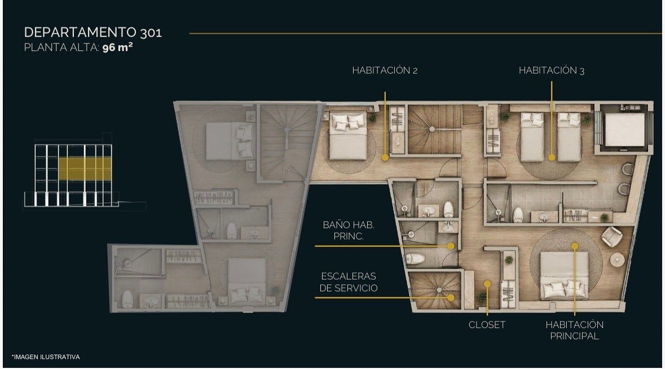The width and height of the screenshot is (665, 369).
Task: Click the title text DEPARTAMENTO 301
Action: click(93, 32)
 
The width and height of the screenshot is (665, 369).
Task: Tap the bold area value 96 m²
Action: click(117, 47)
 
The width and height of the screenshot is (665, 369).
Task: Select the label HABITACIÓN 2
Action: click(385, 71)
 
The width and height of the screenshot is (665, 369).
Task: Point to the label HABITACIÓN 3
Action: click(551, 71)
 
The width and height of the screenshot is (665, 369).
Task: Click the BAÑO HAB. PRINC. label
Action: click(349, 230)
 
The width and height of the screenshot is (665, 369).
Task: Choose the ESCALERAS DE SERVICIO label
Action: click(349, 282)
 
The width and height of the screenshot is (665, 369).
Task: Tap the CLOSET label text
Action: click(487, 325)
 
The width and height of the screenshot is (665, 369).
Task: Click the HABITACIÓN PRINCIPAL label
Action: click(575, 331)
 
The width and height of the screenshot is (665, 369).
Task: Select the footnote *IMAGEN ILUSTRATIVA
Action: click(46, 357)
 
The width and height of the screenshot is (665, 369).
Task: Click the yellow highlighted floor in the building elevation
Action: click(85, 168)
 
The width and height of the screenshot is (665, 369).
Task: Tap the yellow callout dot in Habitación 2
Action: click(385, 157)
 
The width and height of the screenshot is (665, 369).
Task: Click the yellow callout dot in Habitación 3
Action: click(551, 157)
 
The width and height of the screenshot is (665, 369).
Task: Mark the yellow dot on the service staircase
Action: click(451, 298)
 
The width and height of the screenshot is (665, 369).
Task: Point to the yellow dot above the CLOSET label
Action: click(487, 284)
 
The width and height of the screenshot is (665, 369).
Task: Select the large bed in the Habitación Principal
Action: click(564, 276)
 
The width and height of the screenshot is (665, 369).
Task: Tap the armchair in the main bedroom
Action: click(611, 236)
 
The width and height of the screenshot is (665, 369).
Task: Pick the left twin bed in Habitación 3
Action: click(532, 137)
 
